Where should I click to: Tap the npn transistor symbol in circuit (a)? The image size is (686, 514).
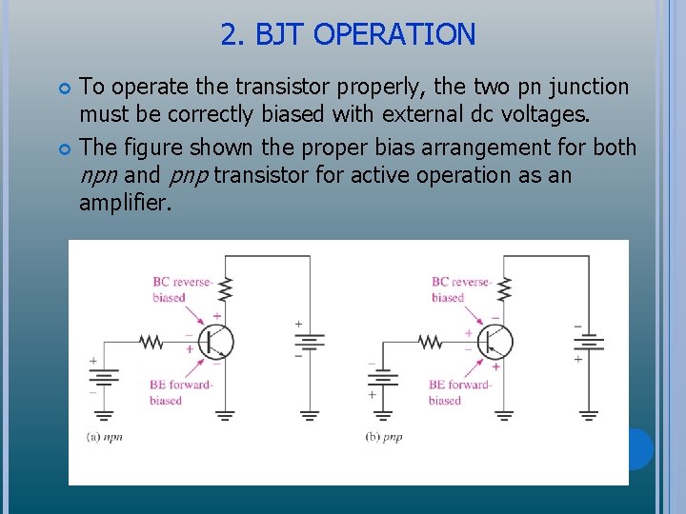217,342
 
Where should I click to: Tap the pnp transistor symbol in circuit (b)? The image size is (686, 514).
495,342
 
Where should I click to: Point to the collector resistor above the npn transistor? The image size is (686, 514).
226,287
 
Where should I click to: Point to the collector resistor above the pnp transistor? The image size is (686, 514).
504,287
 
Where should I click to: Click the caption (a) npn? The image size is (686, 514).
105,437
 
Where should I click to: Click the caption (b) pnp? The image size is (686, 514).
384,437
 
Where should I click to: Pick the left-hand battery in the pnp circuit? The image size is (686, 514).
382,378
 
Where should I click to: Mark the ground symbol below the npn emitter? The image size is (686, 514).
226,415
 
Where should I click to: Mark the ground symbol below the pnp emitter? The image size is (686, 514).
504,415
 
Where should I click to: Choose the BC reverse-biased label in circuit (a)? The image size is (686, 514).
181,289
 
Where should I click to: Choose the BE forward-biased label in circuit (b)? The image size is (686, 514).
458,392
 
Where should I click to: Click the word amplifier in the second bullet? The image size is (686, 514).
125,203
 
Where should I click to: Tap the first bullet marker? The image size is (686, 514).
66,89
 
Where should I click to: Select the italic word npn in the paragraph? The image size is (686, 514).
99,175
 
